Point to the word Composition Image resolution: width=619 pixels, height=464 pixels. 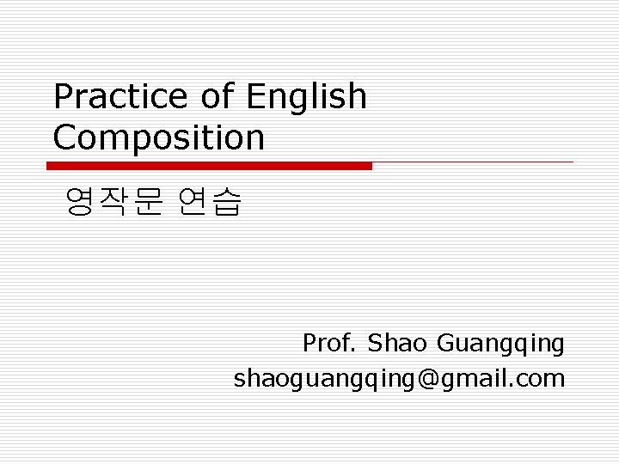(x=159, y=137)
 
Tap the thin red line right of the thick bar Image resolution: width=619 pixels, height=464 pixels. (x=473, y=162)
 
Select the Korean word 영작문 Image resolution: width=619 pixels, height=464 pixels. (x=112, y=202)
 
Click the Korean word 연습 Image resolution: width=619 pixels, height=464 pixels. (x=210, y=202)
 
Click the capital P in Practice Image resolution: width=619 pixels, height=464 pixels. (x=63, y=97)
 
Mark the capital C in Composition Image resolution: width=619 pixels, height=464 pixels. (x=64, y=137)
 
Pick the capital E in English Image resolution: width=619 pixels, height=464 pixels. (x=255, y=97)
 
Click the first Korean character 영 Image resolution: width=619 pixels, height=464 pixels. (x=79, y=202)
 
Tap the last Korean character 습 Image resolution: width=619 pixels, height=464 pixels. (x=227, y=202)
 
